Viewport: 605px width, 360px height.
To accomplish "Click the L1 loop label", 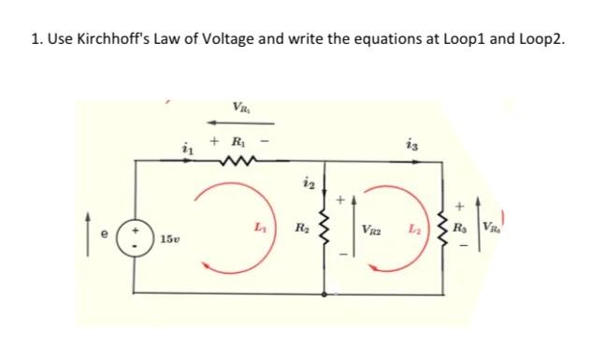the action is [258, 226].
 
